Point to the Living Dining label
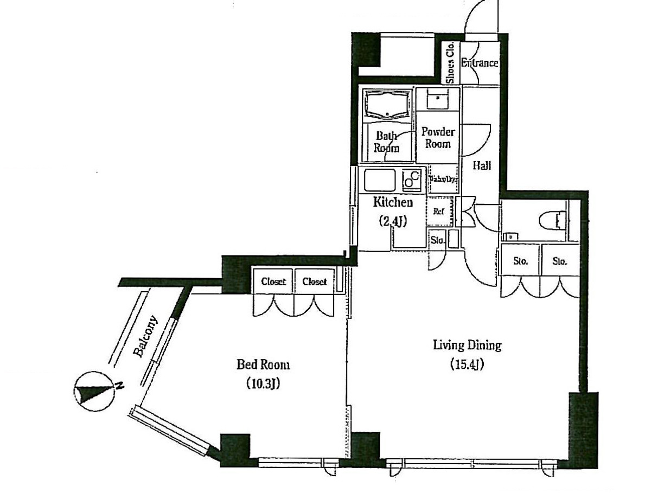coord(467,345)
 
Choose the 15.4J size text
coord(467,364)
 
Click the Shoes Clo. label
coord(450,63)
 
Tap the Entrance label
coord(480,63)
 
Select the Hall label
coord(481,166)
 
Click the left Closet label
coord(273,281)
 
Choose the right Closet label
coord(315,281)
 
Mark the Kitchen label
coord(393,203)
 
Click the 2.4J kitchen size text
coord(392,221)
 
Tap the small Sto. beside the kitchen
coord(437,239)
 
